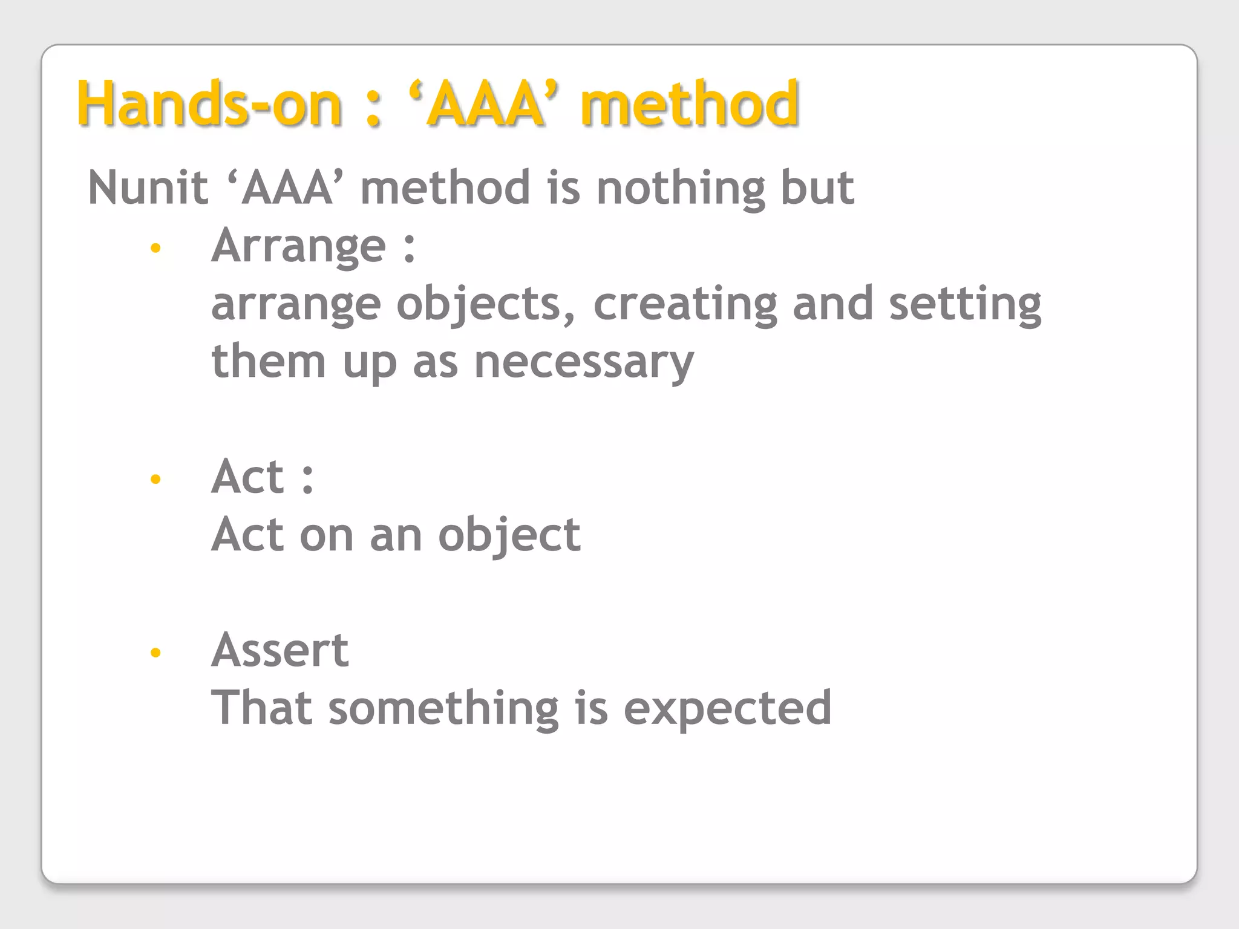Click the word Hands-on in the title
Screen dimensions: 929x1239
click(x=209, y=104)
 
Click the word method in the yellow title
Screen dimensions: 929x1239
click(x=690, y=104)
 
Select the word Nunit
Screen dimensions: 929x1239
click(x=148, y=187)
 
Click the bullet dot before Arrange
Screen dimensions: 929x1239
click(x=155, y=247)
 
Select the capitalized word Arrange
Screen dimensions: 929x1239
click(x=298, y=247)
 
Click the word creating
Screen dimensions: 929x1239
click(x=685, y=304)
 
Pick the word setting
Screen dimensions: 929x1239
click(x=965, y=304)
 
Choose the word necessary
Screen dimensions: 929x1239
click(x=584, y=362)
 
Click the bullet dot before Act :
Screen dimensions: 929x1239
click(x=155, y=479)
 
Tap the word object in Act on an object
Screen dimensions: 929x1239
click(x=509, y=536)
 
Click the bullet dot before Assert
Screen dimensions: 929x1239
click(x=155, y=652)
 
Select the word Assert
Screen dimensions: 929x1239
click(x=280, y=651)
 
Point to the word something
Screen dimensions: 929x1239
click(x=443, y=708)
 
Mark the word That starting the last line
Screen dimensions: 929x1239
click(x=262, y=708)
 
